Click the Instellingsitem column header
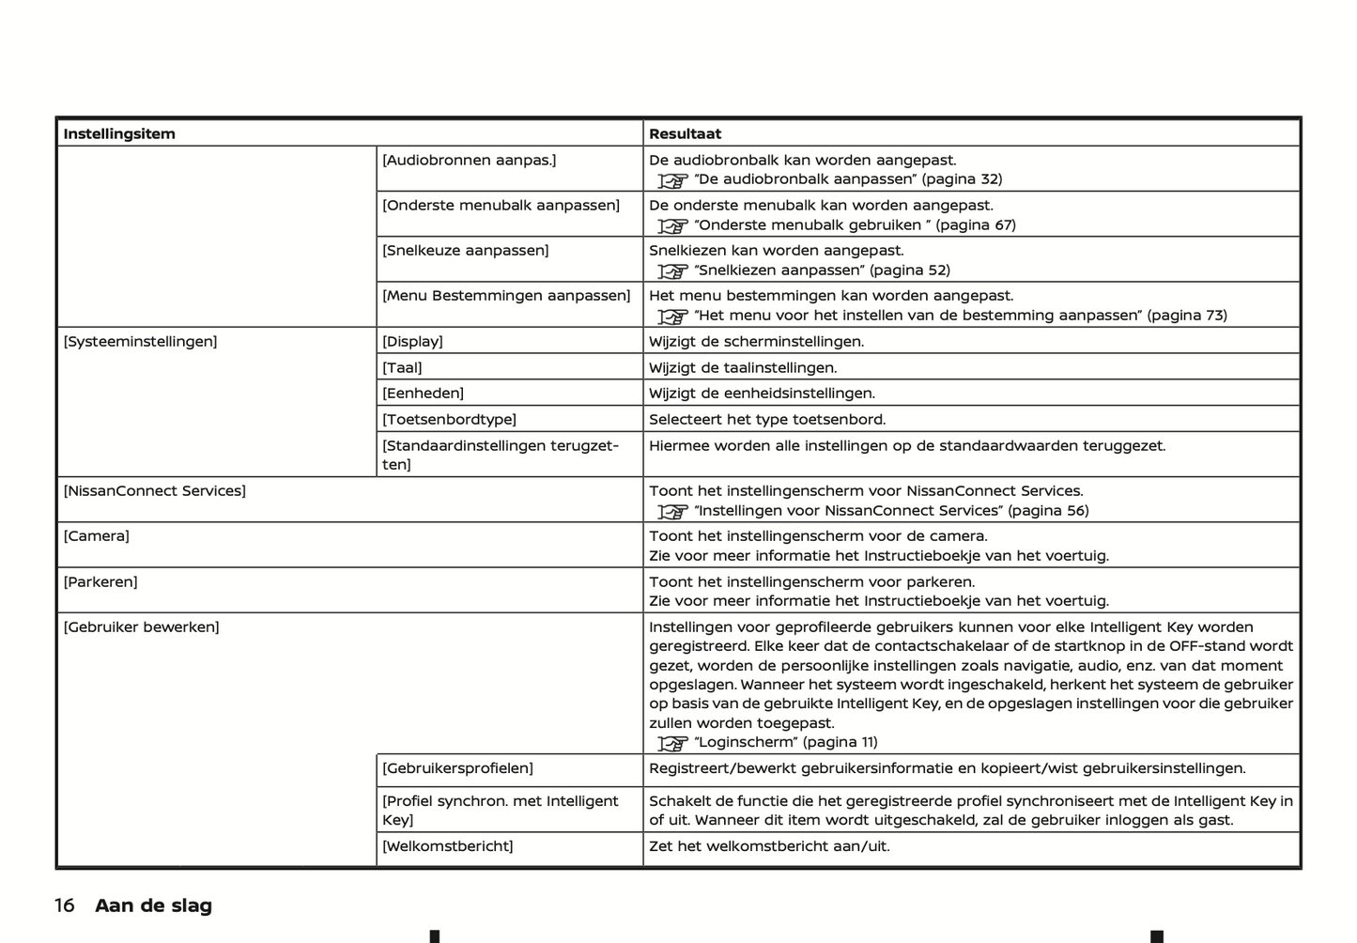click(119, 133)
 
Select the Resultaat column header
click(686, 133)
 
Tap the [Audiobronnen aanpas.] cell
click(469, 160)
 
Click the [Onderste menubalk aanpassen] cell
click(501, 205)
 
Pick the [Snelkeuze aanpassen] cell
click(465, 250)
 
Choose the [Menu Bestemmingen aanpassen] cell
click(506, 295)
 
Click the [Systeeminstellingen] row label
click(140, 341)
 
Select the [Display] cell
click(412, 341)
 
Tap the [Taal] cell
click(402, 367)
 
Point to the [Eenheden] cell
click(423, 393)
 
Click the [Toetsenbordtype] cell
click(449, 419)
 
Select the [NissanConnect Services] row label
click(154, 490)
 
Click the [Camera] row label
click(96, 535)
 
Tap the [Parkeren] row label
click(100, 581)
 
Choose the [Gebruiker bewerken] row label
click(141, 626)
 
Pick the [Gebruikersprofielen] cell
click(457, 767)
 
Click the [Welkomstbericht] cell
click(447, 845)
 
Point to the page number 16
click(64, 905)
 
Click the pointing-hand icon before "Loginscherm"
click(672, 743)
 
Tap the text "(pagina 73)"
click(1187, 315)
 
